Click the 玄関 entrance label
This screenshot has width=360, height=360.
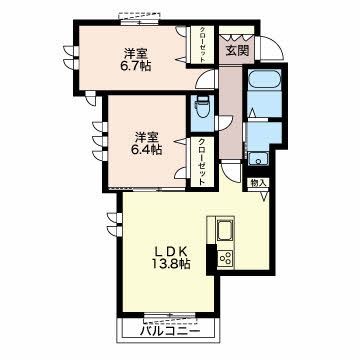click(x=237, y=50)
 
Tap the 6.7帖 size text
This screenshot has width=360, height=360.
click(x=135, y=66)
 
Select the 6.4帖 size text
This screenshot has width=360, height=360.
click(x=146, y=150)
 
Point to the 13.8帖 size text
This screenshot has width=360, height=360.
click(x=171, y=264)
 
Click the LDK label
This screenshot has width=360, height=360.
click(x=169, y=251)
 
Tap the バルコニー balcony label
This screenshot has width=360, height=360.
click(x=170, y=332)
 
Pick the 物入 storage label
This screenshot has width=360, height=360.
click(x=258, y=183)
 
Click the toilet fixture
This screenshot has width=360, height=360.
click(x=202, y=107)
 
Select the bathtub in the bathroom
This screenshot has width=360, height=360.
click(x=265, y=79)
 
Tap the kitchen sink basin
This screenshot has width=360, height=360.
click(x=226, y=230)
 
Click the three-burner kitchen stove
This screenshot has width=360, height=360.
click(x=226, y=258)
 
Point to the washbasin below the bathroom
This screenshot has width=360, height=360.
click(x=259, y=159)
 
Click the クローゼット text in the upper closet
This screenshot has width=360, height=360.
click(x=202, y=44)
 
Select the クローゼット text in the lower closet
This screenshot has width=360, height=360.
click(x=202, y=162)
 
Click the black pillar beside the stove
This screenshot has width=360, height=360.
click(x=211, y=259)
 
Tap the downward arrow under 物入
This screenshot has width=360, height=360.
click(x=264, y=196)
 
